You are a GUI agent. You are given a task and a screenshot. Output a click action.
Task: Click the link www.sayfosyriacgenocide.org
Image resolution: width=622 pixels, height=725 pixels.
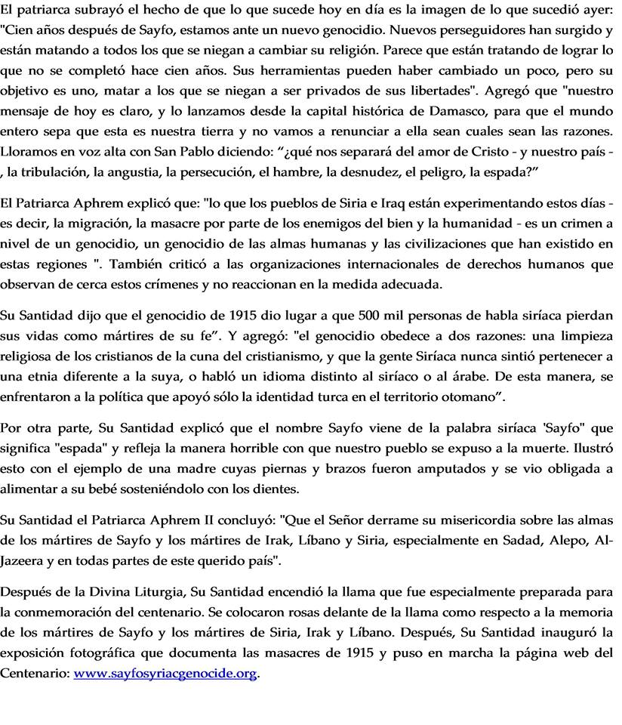coord(165,674)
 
